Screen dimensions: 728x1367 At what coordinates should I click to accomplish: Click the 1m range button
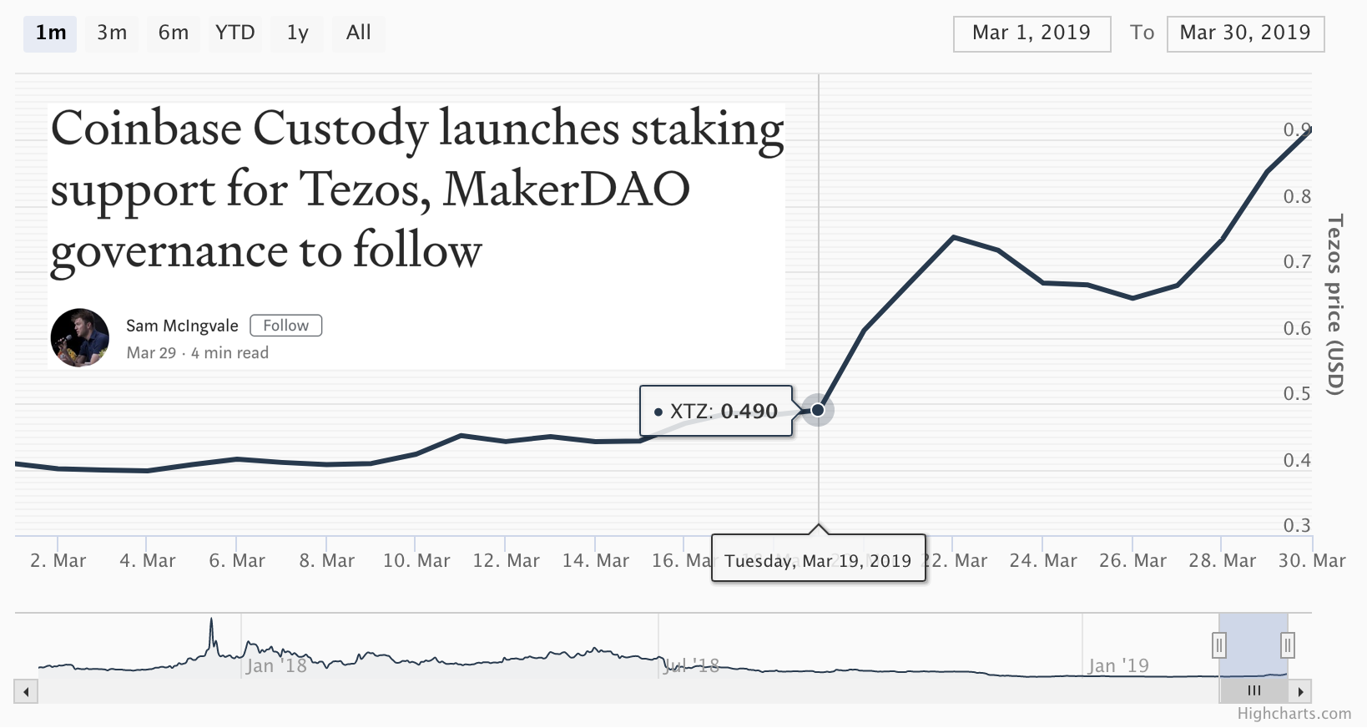(50, 33)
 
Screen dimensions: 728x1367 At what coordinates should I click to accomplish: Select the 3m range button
(112, 33)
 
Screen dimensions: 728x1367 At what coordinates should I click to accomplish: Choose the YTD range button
(235, 33)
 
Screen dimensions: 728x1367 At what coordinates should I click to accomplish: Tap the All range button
(358, 33)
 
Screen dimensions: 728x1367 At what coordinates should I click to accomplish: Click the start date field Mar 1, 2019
(1032, 33)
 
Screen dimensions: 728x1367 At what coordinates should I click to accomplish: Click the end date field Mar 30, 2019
(1244, 33)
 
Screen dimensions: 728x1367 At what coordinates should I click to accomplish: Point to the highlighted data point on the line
(818, 410)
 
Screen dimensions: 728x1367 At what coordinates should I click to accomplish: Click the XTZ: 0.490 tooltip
(716, 411)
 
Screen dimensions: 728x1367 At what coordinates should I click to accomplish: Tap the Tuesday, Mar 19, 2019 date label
(818, 560)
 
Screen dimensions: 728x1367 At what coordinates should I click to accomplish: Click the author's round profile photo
(80, 338)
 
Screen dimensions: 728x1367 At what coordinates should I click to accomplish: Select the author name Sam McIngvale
(182, 326)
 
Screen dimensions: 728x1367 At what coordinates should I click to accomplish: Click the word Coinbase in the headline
(146, 129)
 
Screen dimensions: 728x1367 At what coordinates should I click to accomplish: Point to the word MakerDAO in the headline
(566, 190)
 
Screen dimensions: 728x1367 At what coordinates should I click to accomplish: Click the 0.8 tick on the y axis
(1297, 197)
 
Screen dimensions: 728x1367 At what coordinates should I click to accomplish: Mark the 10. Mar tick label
(416, 560)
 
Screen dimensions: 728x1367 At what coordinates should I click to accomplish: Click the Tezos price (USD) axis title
(1335, 305)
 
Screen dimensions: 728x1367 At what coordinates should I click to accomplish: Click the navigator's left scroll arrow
(26, 691)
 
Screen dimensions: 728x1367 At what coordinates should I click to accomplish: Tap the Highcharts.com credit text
(1294, 714)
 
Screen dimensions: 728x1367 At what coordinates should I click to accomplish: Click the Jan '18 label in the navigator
(276, 666)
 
